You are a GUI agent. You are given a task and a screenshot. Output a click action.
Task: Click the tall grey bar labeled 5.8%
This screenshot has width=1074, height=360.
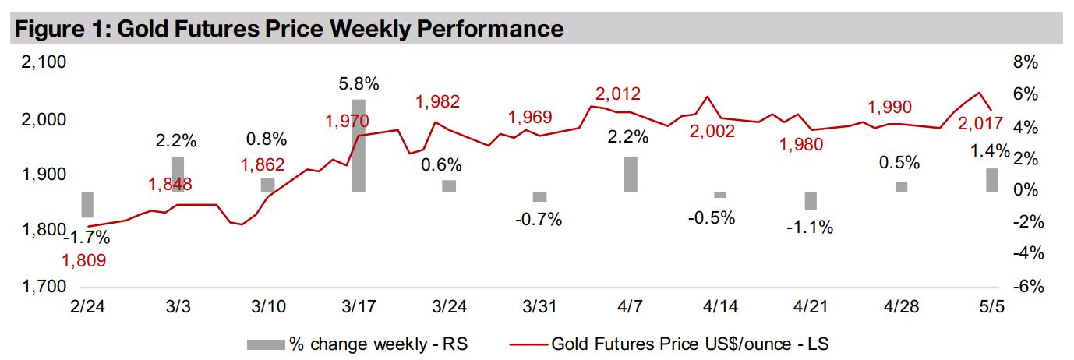pos(358,146)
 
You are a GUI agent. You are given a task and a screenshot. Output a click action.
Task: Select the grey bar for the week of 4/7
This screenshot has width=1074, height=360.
pos(630,174)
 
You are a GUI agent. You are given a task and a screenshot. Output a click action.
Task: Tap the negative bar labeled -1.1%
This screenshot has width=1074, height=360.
pos(811,200)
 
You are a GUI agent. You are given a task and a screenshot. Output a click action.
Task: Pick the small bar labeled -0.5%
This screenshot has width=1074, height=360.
pos(720,195)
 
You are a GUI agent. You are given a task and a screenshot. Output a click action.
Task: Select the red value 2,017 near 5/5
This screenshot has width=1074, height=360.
pos(980,123)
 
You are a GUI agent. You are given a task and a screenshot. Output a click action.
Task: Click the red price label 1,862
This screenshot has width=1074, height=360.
pos(263,164)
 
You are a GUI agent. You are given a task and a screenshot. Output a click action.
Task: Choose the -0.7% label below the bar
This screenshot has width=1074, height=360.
pos(539,219)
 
